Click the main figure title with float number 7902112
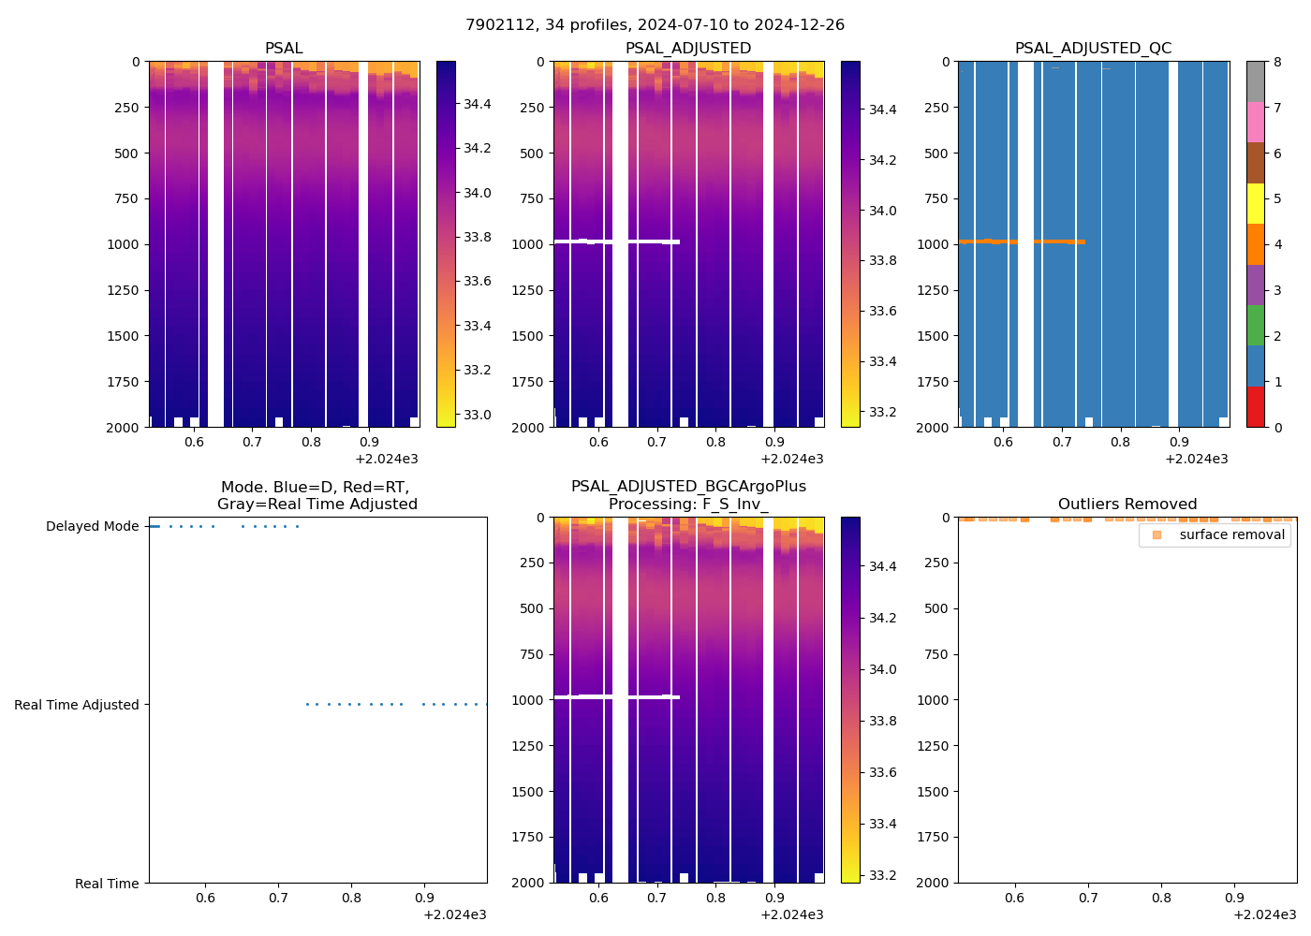pos(655,25)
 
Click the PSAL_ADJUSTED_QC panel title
pos(1093,49)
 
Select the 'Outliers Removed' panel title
pos(1127,505)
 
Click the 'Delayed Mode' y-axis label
pos(92,527)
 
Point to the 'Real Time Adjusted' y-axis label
pos(76,706)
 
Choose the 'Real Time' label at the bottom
pos(107,884)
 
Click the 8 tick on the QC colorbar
pos(1277,62)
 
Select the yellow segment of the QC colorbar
pos(1255,203)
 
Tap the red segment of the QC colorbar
pos(1255,407)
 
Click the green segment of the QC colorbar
pos(1255,326)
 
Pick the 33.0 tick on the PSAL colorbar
pos(478,415)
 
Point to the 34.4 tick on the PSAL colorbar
pos(478,104)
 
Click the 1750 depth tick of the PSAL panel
pos(125,382)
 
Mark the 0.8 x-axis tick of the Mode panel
pos(351,899)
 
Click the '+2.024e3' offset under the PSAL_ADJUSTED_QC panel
pos(1196,460)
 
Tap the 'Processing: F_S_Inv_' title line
pos(688,505)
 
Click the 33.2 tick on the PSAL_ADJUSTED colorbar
pos(883,412)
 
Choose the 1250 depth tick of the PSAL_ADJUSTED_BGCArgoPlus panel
pos(530,746)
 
